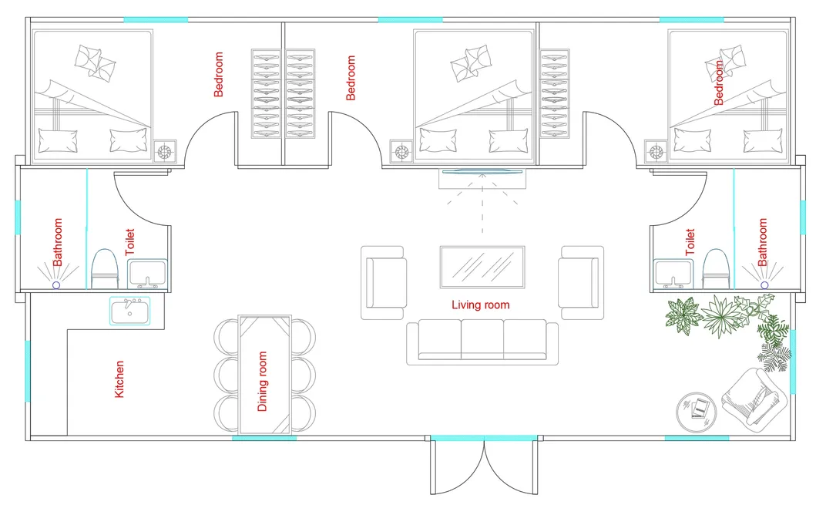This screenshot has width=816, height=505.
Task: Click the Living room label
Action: tap(480, 305)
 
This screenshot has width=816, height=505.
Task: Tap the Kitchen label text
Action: tap(119, 379)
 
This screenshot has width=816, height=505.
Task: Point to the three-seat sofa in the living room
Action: tap(482, 342)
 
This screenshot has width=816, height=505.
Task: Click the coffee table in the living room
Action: tap(482, 267)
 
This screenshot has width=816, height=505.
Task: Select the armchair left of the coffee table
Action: tap(384, 282)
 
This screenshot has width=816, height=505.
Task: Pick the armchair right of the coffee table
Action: tap(580, 282)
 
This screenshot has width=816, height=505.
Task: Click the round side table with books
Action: tap(698, 408)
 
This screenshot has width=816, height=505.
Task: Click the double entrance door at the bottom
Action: tap(483, 466)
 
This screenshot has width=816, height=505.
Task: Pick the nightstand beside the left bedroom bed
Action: tap(165, 151)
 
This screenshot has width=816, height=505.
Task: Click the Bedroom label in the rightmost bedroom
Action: tap(720, 83)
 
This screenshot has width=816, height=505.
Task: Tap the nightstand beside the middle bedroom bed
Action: tap(401, 151)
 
